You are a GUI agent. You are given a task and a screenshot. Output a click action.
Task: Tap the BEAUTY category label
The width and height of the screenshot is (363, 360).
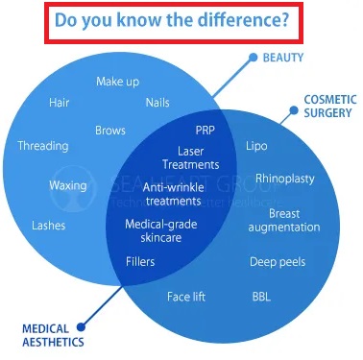[x=283, y=58]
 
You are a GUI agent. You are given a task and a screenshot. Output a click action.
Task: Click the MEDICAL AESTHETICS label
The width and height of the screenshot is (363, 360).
[x=53, y=335]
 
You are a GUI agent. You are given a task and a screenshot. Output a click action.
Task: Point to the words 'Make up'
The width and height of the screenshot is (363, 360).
[x=117, y=82]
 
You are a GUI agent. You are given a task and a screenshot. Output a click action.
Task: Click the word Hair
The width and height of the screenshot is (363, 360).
[x=60, y=102]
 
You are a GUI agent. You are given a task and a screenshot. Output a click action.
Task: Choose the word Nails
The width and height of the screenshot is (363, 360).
[x=157, y=102]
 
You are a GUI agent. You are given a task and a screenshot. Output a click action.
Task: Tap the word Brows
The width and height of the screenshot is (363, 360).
[x=110, y=130]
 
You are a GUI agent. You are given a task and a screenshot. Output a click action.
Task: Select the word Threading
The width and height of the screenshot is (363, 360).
[x=43, y=146]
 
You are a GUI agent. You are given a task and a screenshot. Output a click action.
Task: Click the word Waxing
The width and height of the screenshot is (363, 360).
[x=68, y=184]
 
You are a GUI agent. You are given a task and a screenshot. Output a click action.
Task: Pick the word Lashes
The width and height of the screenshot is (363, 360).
[x=49, y=226]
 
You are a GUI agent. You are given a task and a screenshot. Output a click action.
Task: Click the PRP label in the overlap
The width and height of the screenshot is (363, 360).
[x=205, y=130]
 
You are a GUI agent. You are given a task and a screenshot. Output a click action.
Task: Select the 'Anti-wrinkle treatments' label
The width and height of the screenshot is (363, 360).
[x=173, y=195]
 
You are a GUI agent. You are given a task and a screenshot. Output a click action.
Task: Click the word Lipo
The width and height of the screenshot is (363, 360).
[x=256, y=146]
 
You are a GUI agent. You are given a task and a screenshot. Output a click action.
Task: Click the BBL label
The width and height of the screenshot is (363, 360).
[x=261, y=297]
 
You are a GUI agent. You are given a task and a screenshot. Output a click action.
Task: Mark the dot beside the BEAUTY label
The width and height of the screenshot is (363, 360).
[x=254, y=58]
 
